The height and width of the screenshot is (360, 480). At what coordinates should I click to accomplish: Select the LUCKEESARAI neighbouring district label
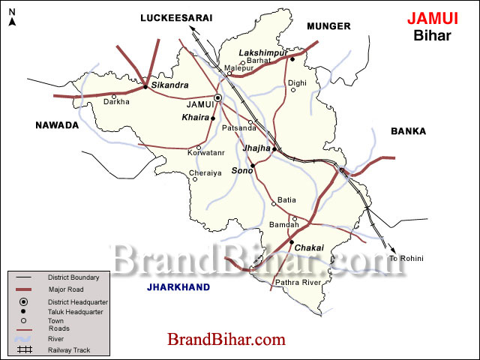click(176, 16)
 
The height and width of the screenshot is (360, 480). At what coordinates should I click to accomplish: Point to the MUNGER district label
click(328, 26)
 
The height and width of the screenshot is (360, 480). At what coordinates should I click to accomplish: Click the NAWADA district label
click(57, 125)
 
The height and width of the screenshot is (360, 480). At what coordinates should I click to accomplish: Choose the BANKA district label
click(408, 131)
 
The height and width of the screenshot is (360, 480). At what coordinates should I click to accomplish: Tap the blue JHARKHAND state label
click(178, 286)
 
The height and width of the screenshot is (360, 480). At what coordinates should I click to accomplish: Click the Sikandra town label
click(169, 85)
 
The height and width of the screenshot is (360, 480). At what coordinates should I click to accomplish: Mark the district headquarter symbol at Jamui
click(218, 97)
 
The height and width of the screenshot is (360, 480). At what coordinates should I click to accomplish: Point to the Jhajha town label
click(255, 149)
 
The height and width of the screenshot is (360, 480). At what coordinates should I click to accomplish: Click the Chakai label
click(310, 247)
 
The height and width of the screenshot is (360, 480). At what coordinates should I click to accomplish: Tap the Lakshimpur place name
click(258, 52)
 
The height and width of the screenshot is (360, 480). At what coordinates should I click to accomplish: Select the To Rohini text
click(406, 259)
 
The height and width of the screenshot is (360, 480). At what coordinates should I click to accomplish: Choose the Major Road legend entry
click(64, 289)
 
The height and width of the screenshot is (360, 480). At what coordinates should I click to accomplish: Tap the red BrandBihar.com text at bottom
click(226, 340)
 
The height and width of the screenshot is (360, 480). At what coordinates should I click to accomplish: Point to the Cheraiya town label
click(205, 172)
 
